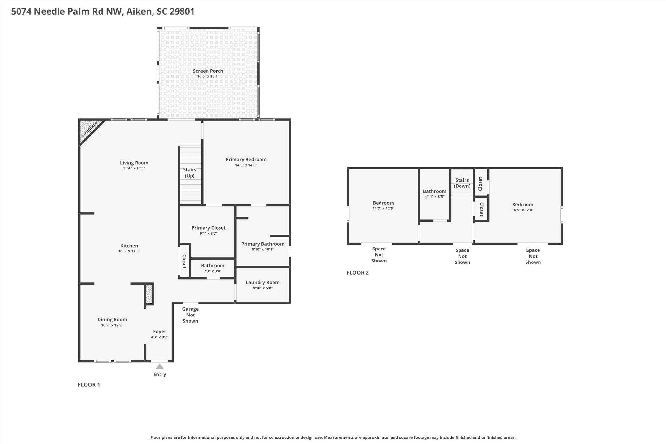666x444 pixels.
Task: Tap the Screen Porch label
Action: pyautogui.click(x=208, y=71)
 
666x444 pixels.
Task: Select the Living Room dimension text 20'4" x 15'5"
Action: pyautogui.click(x=134, y=168)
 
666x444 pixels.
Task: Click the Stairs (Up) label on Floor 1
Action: pyautogui.click(x=190, y=173)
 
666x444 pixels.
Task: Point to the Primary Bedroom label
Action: pyautogui.click(x=246, y=159)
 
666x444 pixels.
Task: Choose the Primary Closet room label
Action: pyautogui.click(x=208, y=228)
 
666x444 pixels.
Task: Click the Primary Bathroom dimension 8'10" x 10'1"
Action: pyautogui.click(x=263, y=249)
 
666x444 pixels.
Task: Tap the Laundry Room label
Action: pyautogui.click(x=263, y=282)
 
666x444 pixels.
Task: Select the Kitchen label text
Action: pyautogui.click(x=129, y=246)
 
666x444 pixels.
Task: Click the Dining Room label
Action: pyautogui.click(x=112, y=319)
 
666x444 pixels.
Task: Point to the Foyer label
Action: pyautogui.click(x=160, y=331)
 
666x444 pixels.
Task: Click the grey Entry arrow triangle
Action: pyautogui.click(x=160, y=366)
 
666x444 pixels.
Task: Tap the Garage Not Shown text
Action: pyautogui.click(x=190, y=315)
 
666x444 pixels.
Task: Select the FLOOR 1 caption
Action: pyautogui.click(x=89, y=385)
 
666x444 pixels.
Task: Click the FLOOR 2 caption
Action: pyautogui.click(x=357, y=273)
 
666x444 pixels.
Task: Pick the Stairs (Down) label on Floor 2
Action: pyautogui.click(x=462, y=183)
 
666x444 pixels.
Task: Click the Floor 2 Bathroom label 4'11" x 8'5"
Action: pyautogui.click(x=434, y=194)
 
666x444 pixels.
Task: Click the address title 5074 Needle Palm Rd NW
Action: pyautogui.click(x=103, y=12)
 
